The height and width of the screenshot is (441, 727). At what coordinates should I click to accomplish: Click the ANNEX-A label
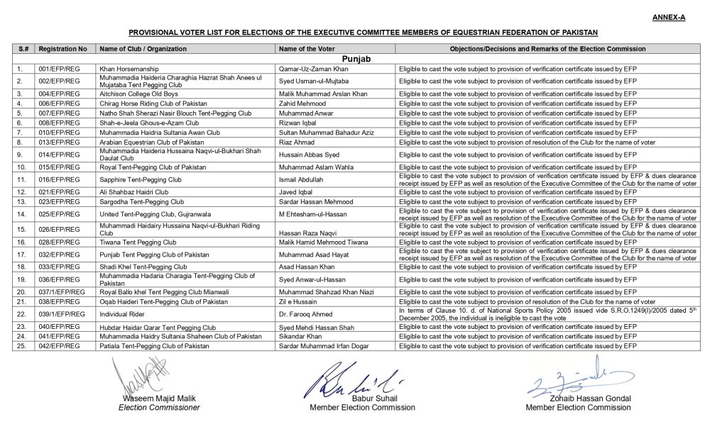point(668,17)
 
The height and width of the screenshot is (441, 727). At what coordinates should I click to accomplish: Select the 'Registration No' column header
point(63,49)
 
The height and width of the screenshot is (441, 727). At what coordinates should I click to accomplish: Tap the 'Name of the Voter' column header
point(306,49)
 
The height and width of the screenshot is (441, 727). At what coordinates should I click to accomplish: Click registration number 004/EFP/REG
point(60,94)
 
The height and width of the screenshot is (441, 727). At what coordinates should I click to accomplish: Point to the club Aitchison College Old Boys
point(138,94)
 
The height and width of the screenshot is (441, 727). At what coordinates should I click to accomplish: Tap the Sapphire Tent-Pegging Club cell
point(140,180)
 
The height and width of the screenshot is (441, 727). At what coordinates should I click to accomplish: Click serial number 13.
point(21,202)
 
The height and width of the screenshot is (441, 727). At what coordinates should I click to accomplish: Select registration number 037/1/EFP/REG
point(62,292)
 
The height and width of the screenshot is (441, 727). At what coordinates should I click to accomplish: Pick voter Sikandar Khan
point(301,336)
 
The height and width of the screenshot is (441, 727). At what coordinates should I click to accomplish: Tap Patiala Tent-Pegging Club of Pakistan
point(154,346)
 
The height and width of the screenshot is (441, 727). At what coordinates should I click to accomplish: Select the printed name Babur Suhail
point(353,398)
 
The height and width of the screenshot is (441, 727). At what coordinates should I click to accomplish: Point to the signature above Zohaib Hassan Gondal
point(569,381)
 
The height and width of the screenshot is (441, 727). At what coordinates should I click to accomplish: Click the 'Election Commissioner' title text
point(159,408)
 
